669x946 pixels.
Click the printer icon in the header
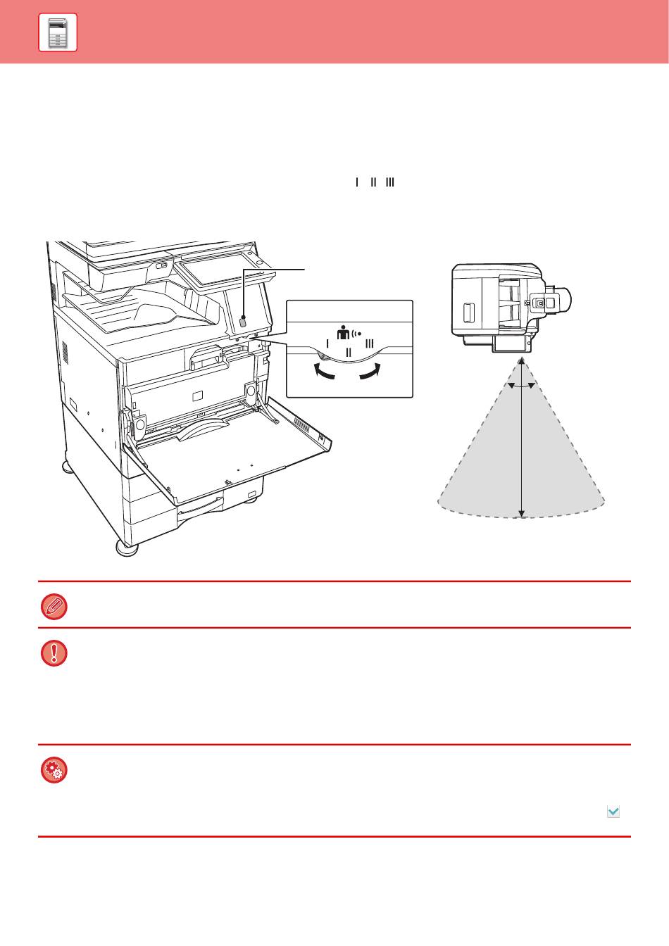[x=58, y=32]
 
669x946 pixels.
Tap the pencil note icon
[x=54, y=607]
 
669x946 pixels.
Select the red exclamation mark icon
[x=54, y=653]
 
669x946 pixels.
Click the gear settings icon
[x=54, y=770]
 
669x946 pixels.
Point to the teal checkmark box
[x=613, y=812]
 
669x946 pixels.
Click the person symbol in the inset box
[x=343, y=333]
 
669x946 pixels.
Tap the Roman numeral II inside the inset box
[x=349, y=352]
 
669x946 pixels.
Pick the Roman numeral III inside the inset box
[x=370, y=343]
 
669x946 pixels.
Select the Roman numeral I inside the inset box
[x=327, y=343]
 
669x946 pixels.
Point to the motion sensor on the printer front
[x=243, y=322]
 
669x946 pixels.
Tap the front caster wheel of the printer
[x=127, y=548]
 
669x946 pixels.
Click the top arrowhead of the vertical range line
[x=522, y=362]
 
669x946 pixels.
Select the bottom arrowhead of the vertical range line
[x=522, y=513]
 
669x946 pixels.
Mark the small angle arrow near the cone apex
[x=522, y=386]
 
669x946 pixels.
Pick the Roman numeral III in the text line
[x=390, y=182]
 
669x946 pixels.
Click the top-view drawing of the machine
[x=511, y=308]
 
